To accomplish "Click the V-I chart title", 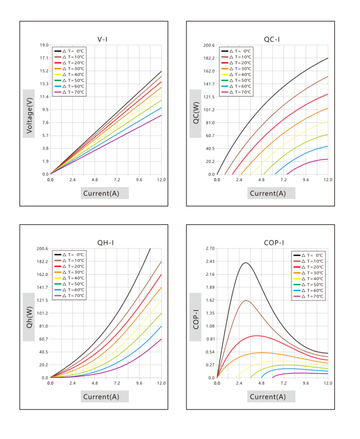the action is point(102,40).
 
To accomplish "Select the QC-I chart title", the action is point(272,40).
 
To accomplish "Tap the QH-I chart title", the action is point(105,243).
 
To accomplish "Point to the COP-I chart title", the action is point(274,243).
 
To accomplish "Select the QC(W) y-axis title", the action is point(196,113).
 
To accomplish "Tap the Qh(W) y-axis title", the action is point(29,317).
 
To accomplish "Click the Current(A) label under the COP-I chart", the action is point(268,397).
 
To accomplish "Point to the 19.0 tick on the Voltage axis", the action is point(44,45).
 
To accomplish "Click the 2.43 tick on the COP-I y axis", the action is point(210,261).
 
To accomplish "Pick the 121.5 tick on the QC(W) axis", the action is point(209,97).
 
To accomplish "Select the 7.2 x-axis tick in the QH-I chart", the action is point(117,383).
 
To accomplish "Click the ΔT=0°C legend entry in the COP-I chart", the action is point(308,255).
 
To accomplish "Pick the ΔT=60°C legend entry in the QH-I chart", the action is point(69,290).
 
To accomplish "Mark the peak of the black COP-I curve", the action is point(246,263).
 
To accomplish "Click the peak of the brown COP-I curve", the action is point(246,300).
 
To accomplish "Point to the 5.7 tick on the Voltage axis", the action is point(46,136).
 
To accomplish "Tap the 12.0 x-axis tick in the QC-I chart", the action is point(328,180).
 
